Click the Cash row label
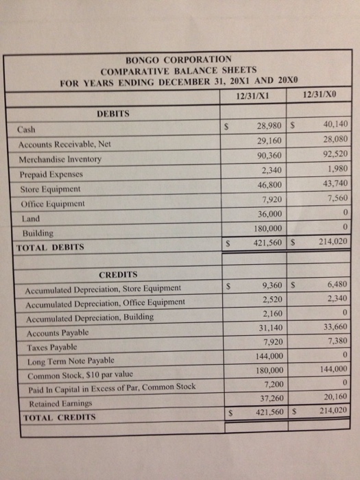tap(27, 130)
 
